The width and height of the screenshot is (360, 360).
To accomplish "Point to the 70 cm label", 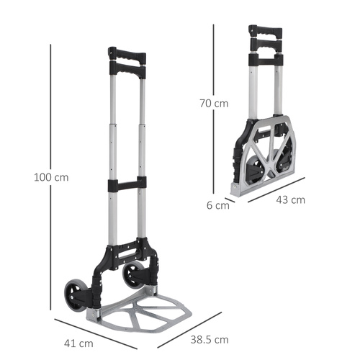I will [x=214, y=103].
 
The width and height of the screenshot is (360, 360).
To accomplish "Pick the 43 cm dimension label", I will [x=290, y=199].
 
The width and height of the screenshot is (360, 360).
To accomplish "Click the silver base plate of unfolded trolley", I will [x=148, y=310].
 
